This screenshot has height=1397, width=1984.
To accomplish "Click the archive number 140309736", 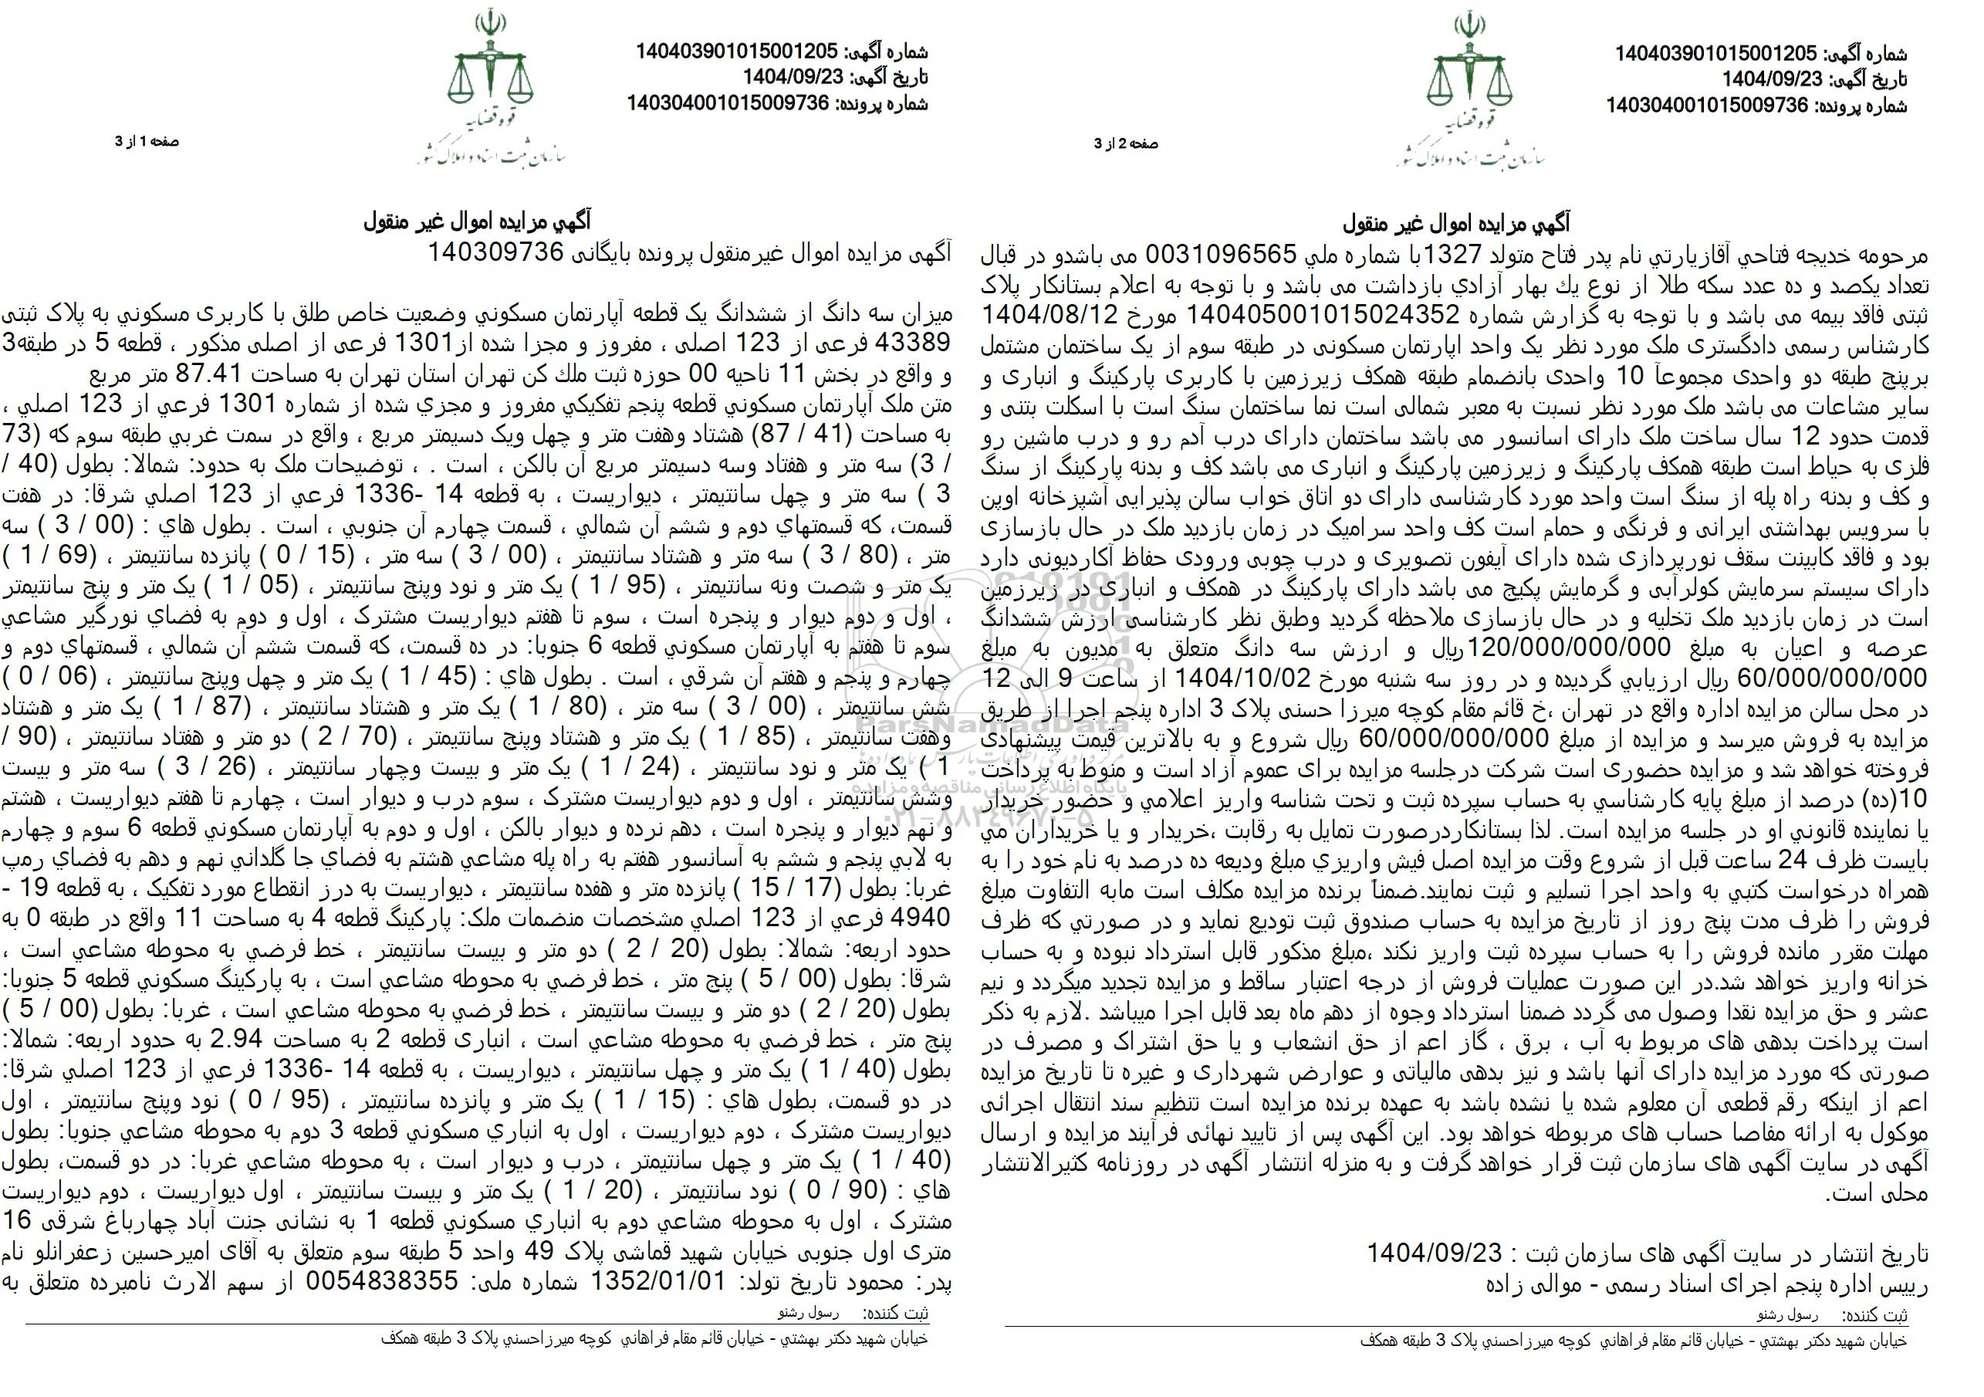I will tap(498, 252).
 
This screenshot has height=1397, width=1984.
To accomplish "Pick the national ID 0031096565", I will tap(1221, 254).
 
